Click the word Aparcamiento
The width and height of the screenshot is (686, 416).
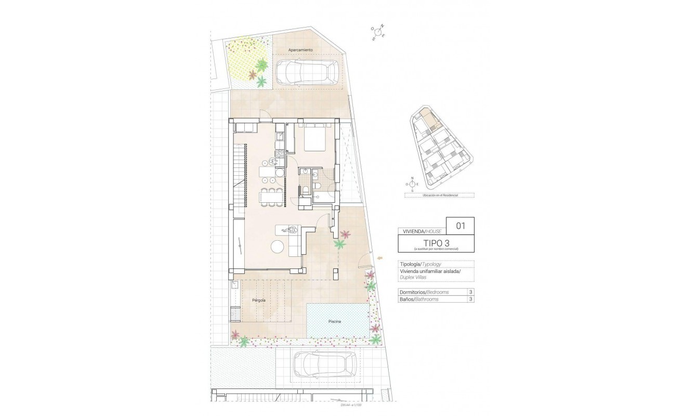tap(300, 50)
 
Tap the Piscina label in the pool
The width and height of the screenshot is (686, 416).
tap(335, 322)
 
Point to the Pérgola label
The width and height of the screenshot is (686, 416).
tap(259, 301)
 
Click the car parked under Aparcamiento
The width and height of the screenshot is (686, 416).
tap(307, 72)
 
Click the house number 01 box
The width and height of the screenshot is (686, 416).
tap(460, 226)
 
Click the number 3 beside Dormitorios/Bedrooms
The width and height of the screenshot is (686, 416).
tap(470, 292)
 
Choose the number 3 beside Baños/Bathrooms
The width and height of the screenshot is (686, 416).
tap(470, 300)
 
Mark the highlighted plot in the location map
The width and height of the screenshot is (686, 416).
tap(428, 119)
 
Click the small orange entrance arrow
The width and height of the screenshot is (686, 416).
tap(381, 257)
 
